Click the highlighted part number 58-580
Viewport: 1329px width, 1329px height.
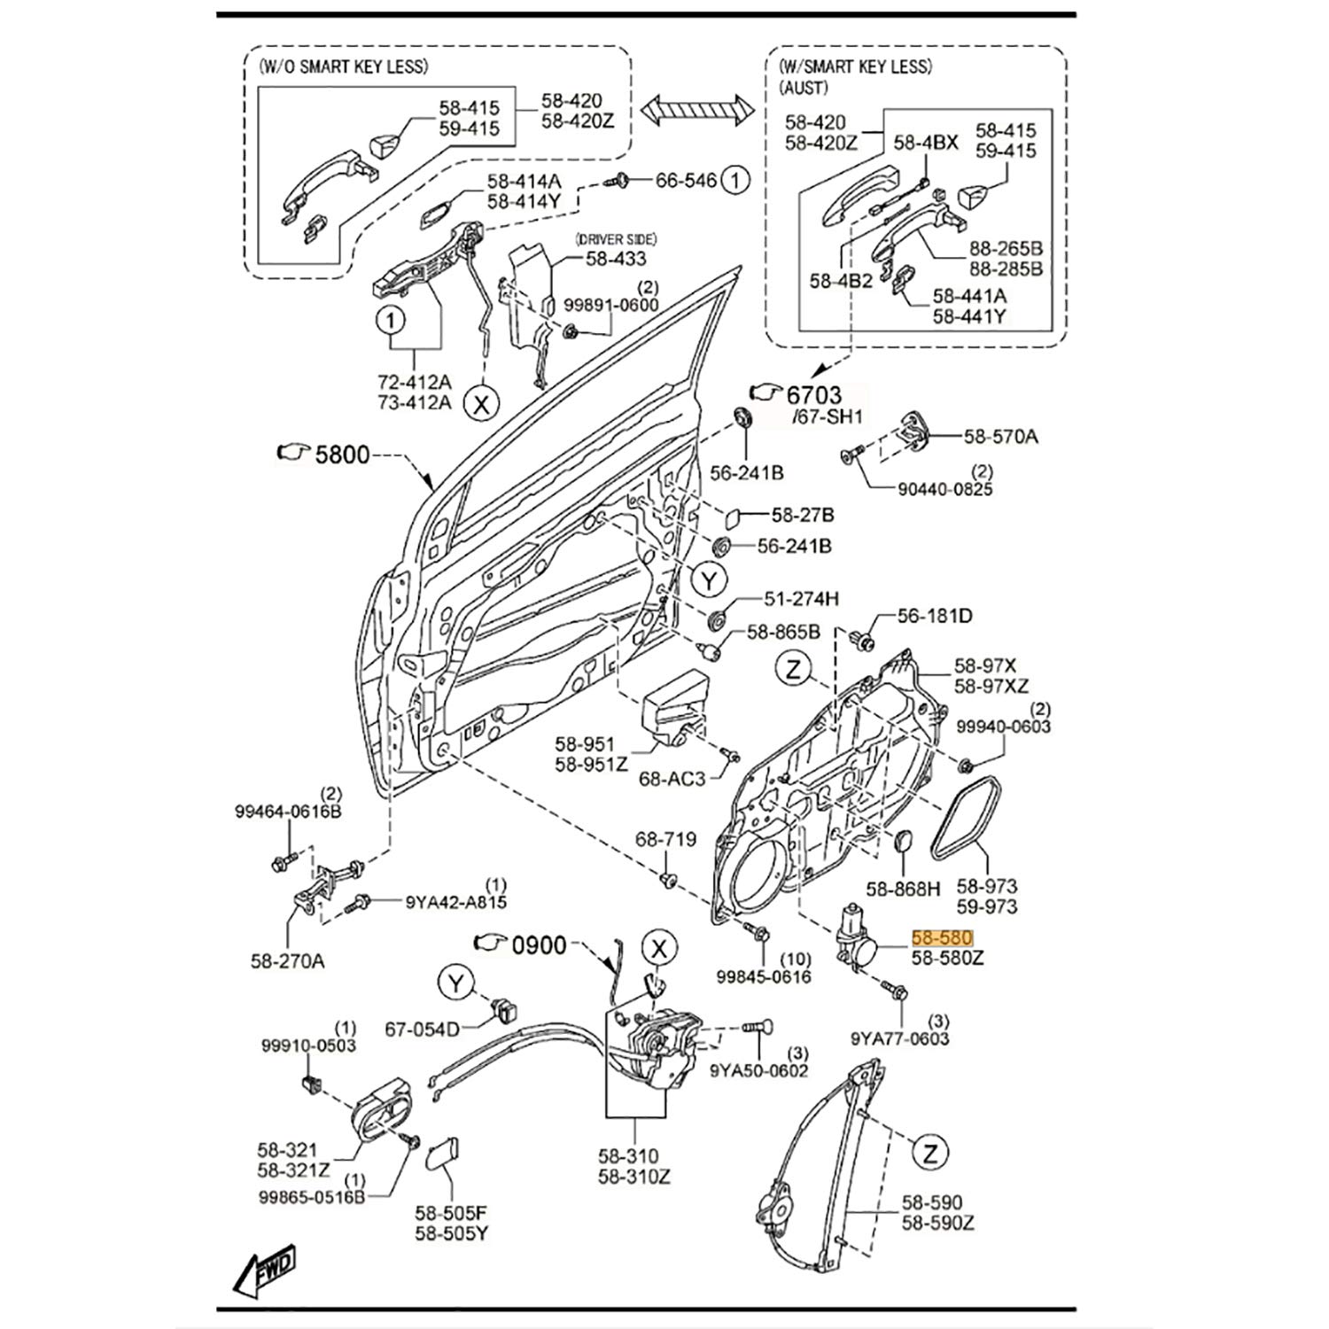pos(943,937)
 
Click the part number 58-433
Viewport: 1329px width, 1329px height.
pos(616,259)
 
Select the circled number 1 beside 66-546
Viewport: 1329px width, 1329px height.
pos(734,181)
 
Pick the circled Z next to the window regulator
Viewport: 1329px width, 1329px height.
pos(929,1153)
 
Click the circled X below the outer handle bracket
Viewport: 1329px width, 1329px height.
pos(483,404)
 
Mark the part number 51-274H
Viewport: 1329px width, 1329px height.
pos(801,599)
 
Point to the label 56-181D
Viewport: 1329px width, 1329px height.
pos(935,615)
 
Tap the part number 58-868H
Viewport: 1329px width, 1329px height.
pos(903,888)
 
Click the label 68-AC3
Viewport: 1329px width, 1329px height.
pos(672,779)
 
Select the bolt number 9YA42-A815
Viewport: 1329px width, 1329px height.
pos(456,903)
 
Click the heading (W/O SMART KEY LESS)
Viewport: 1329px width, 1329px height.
pos(343,66)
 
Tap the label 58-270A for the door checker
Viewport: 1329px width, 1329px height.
pos(288,960)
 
